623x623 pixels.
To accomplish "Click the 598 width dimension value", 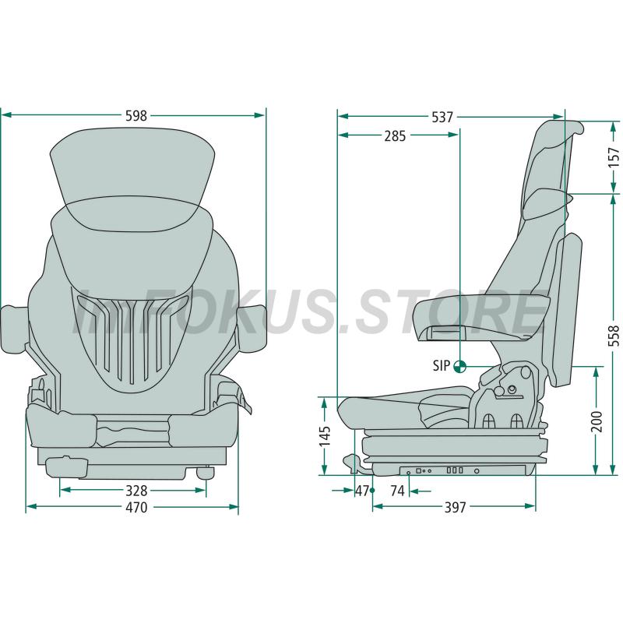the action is click(136, 115).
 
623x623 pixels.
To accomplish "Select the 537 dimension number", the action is click(442, 117).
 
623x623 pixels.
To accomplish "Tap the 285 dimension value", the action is click(395, 136).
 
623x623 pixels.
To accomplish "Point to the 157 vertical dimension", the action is click(614, 157).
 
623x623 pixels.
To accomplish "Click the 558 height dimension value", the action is click(614, 336).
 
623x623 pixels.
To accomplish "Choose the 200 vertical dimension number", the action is click(597, 422).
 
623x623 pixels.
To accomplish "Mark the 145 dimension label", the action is click(325, 436).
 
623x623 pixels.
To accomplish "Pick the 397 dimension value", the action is click(455, 508).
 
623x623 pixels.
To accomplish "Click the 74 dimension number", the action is click(397, 491).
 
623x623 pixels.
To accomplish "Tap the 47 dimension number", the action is click(362, 491).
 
